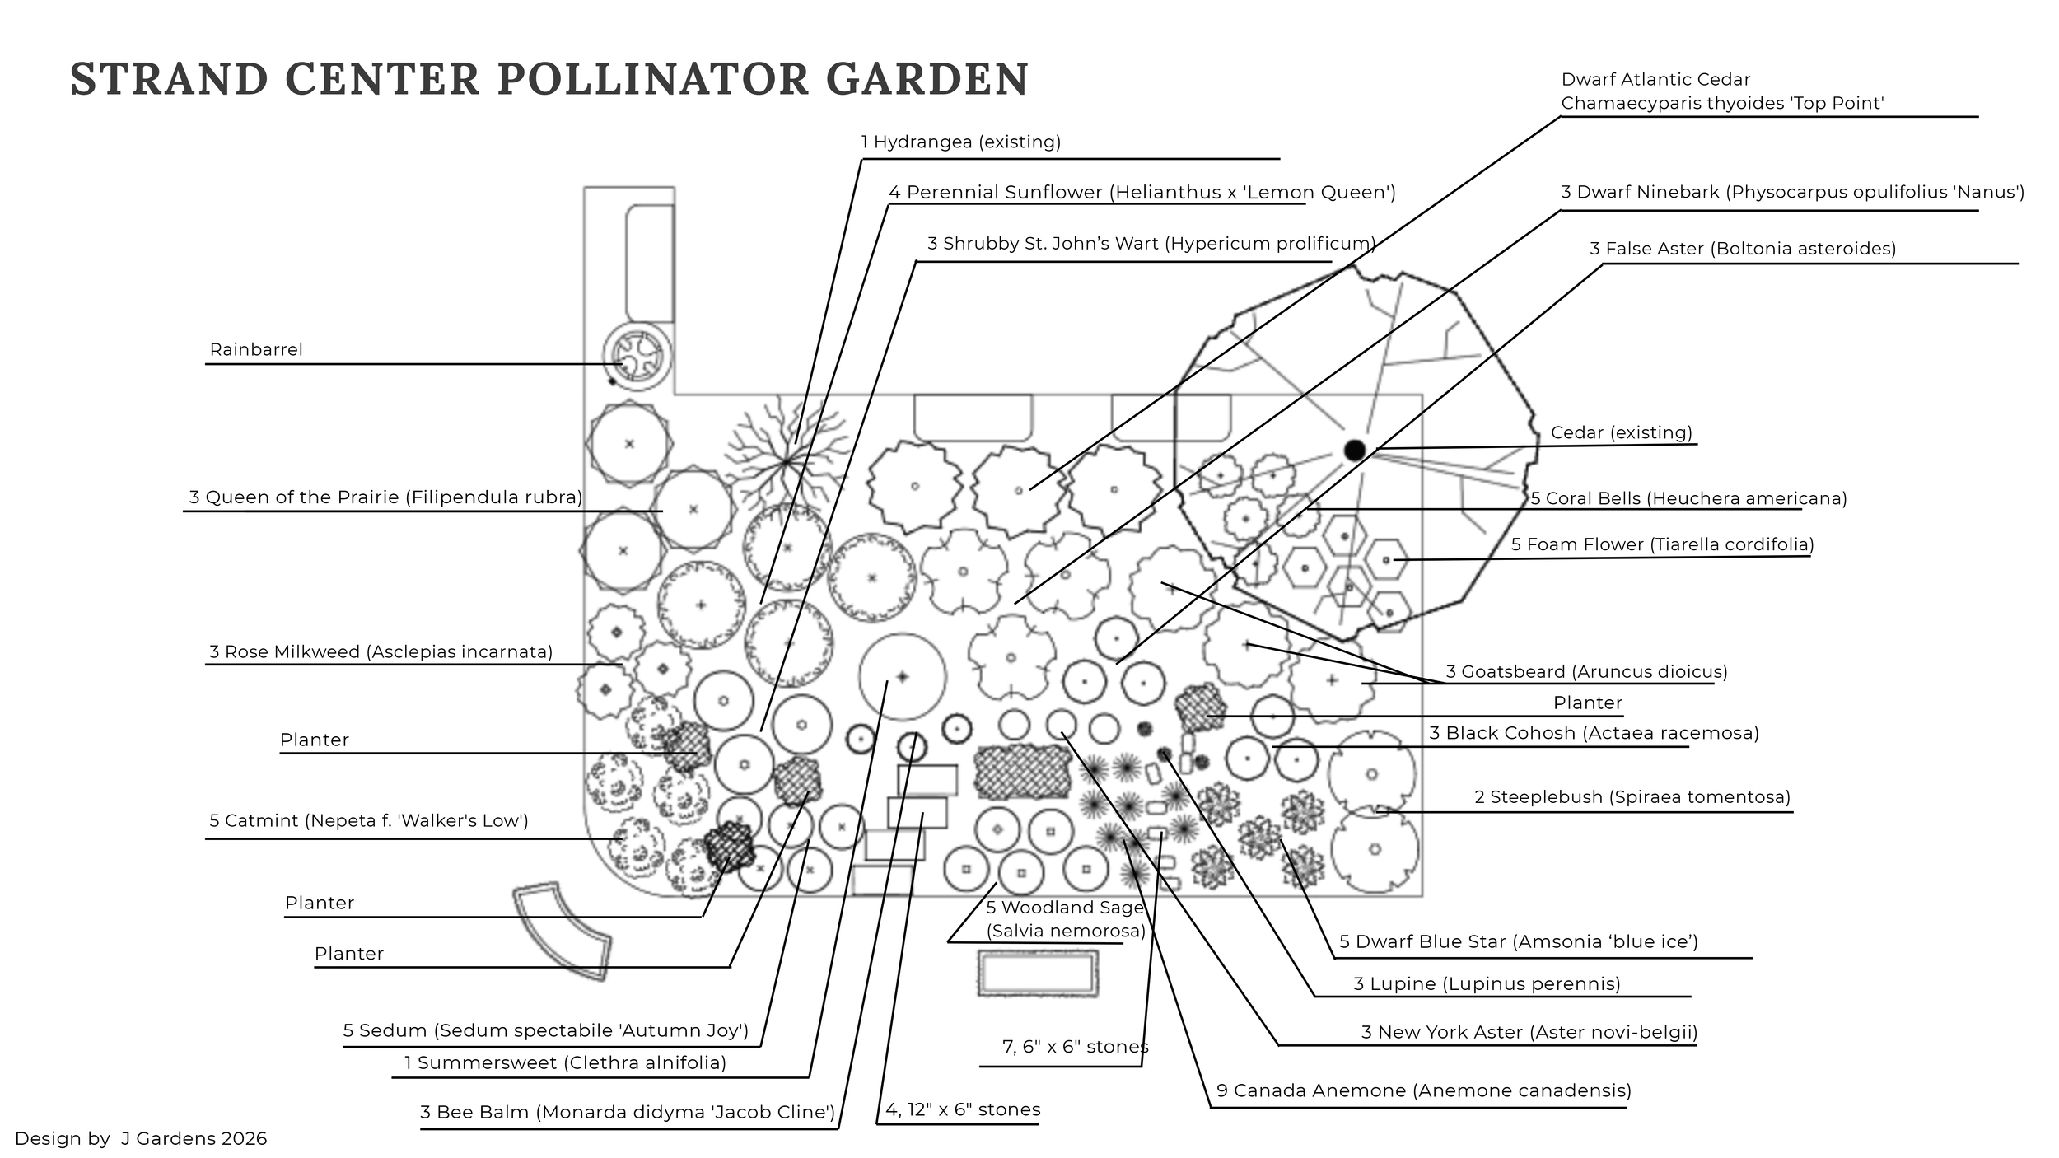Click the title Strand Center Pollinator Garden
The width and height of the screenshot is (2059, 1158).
coord(549,79)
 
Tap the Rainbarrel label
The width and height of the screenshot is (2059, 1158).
coord(256,349)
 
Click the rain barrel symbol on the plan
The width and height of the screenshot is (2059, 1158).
coord(637,357)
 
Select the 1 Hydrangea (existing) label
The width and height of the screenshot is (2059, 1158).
coord(961,142)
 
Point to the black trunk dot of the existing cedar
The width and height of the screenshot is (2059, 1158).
coord(1355,450)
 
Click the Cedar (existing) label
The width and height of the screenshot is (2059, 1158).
coord(1622,432)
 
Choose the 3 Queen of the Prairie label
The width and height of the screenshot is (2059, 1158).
coord(385,497)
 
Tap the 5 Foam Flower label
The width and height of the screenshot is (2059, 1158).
coord(1663,544)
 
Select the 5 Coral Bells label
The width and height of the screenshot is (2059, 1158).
coord(1688,498)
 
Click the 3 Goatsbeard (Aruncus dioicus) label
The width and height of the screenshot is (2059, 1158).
coord(1586,671)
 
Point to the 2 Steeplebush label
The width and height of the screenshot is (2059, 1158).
coord(1632,797)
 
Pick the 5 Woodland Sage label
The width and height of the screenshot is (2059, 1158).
coord(1066,919)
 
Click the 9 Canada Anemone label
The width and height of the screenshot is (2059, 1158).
coord(1424,1090)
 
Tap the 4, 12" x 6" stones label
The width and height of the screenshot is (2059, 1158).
coord(963,1109)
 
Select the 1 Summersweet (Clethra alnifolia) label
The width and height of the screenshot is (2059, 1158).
coord(565,1062)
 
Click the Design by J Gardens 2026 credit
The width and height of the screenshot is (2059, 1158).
coord(141,1138)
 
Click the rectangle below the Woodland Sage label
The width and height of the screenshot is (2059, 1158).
coord(1038,974)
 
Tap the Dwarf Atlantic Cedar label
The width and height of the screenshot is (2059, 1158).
coord(1723,91)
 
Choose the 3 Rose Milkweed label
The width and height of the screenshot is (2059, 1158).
coord(381,652)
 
